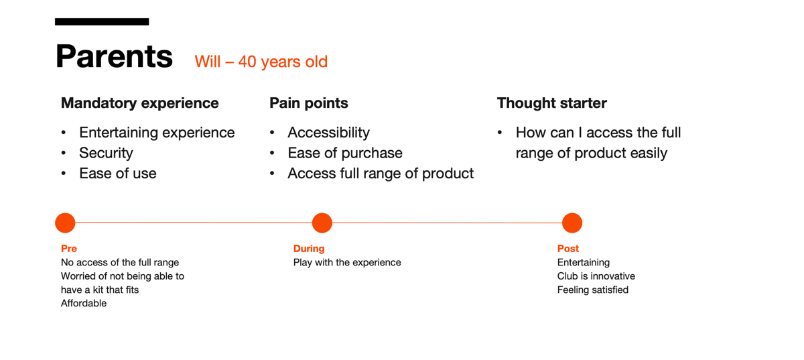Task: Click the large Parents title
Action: [114, 56]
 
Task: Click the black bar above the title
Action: [102, 21]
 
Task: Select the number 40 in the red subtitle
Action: [247, 62]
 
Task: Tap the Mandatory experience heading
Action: [139, 103]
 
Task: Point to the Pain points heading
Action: [309, 103]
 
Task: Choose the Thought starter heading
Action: [551, 103]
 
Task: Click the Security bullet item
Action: [106, 153]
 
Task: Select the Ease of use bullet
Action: [118, 174]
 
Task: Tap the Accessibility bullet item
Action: [328, 133]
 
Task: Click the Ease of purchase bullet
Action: [345, 153]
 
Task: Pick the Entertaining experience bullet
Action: [157, 133]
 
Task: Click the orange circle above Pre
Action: [65, 223]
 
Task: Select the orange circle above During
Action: [322, 223]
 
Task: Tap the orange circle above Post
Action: [572, 223]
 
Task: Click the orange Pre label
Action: [69, 249]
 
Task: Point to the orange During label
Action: [309, 249]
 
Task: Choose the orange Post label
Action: [568, 249]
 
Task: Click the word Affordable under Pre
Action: [84, 303]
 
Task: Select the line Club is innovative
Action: [596, 276]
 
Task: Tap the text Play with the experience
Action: [347, 263]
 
